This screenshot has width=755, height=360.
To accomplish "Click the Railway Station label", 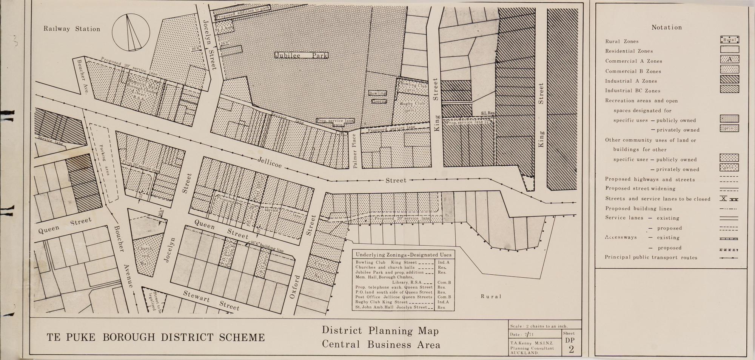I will click(x=72, y=29).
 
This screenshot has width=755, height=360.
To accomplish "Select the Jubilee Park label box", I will click(x=301, y=55).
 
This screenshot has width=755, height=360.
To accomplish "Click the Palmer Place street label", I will click(x=354, y=151).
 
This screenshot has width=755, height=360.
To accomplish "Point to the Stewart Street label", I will click(x=211, y=301).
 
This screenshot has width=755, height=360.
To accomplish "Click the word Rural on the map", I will click(x=491, y=297).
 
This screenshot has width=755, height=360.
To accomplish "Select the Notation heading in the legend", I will click(x=667, y=28).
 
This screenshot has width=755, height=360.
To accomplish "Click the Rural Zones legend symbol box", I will click(x=729, y=40).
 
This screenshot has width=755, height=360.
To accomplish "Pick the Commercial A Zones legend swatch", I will click(x=729, y=60).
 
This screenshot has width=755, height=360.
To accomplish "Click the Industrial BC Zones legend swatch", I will click(x=729, y=89).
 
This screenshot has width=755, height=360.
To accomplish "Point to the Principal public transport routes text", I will click(x=651, y=258).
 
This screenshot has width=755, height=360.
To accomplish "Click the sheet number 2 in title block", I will click(x=571, y=349).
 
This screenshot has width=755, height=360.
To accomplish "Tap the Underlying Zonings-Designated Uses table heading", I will click(x=403, y=255).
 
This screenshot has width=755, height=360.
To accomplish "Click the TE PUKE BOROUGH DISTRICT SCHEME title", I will click(x=156, y=337).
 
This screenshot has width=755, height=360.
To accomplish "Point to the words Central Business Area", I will click(x=381, y=345).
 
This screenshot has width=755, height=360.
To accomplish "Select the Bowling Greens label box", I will click(x=377, y=97).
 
